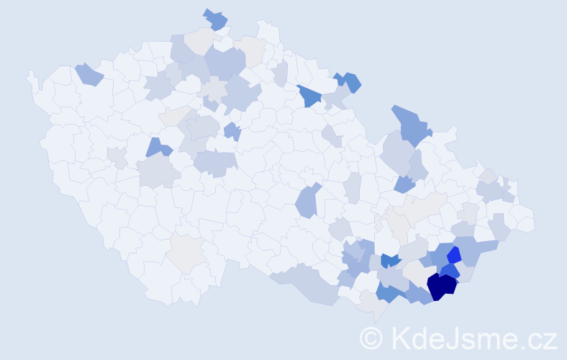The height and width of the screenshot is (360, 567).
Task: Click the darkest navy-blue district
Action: pyautogui.click(x=441, y=285)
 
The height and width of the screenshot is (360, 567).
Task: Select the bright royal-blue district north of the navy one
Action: pyautogui.click(x=453, y=255)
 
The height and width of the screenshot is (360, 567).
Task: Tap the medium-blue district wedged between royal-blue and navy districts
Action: pyautogui.click(x=449, y=271)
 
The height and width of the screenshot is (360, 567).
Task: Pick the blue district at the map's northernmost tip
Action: pyautogui.click(x=215, y=19)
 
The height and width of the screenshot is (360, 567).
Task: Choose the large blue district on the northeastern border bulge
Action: pyautogui.click(x=412, y=123)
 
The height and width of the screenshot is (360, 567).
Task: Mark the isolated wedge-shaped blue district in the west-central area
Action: pyautogui.click(x=158, y=148)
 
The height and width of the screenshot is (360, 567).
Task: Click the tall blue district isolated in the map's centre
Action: pyautogui.click(x=308, y=201)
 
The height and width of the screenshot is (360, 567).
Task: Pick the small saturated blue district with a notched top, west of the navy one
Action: pyautogui.click(x=389, y=261)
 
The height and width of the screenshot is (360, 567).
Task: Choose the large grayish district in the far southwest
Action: pyautogui.click(x=187, y=253)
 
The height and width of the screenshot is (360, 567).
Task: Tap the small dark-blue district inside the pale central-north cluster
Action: pyautogui.click(x=232, y=131)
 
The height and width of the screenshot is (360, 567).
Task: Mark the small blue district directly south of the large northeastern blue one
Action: pyautogui.click(x=405, y=184)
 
